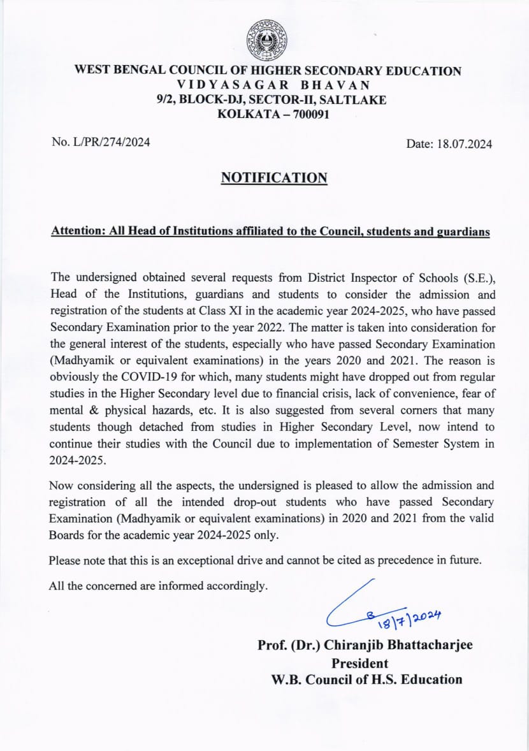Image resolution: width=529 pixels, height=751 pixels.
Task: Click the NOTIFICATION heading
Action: tap(274, 178)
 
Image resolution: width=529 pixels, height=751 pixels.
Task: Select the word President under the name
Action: tap(359, 662)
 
